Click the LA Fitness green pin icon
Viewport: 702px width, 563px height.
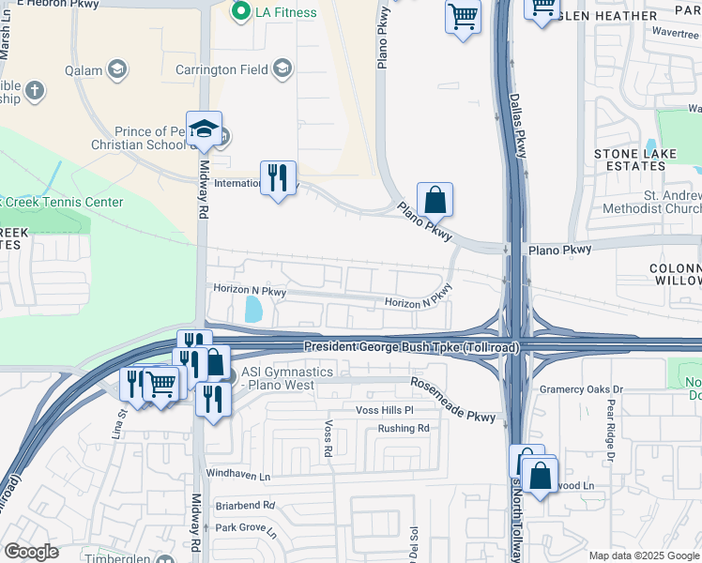(x=241, y=12)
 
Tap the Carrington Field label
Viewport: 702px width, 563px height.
(x=223, y=68)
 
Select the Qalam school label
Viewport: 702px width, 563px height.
(x=83, y=69)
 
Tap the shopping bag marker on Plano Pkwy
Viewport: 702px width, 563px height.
(x=435, y=199)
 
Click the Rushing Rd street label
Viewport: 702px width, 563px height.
(x=403, y=429)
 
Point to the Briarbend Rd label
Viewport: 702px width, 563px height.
(x=244, y=505)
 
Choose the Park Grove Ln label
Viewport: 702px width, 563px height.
(x=245, y=528)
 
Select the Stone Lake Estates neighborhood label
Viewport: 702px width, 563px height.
(x=630, y=160)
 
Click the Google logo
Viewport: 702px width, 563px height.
(x=31, y=551)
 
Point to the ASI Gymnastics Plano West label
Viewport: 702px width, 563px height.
(x=287, y=379)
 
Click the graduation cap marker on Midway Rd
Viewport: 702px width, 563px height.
(x=203, y=130)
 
